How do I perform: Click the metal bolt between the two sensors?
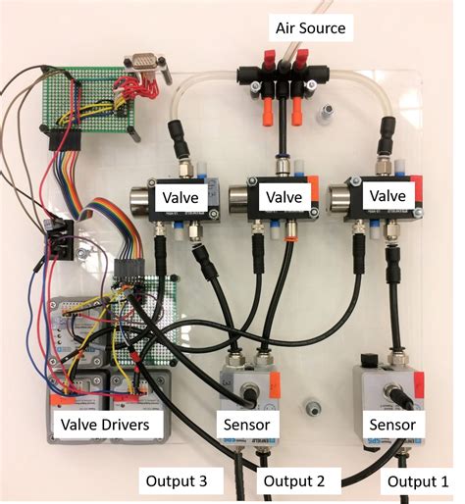tap(311, 406)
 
